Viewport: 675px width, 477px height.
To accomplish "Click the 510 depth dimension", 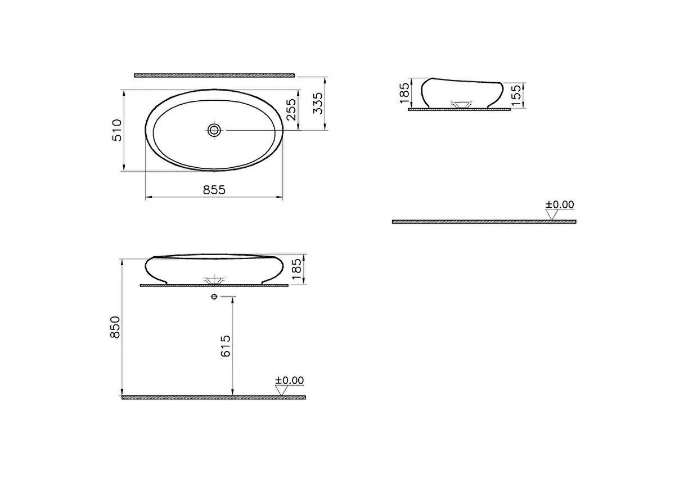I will click(x=117, y=130).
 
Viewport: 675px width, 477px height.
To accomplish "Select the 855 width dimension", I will click(x=214, y=190).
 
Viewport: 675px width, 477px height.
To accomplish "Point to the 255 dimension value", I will click(x=290, y=110).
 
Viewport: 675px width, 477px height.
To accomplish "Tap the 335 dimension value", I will click(x=318, y=103).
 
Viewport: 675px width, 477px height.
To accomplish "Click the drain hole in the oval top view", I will click(x=214, y=130).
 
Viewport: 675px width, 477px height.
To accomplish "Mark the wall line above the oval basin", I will click(x=214, y=75).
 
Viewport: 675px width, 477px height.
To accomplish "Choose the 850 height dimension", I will click(x=115, y=327).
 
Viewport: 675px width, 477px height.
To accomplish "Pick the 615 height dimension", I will click(x=226, y=346).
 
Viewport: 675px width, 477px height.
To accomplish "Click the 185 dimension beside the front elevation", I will click(x=298, y=270).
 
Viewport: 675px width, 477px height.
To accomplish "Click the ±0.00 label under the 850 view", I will click(x=289, y=381).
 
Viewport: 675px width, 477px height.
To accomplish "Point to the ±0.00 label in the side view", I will click(x=560, y=205).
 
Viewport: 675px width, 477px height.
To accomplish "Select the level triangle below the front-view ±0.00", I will click(x=281, y=390).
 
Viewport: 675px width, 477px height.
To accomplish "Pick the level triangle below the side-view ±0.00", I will click(x=552, y=214).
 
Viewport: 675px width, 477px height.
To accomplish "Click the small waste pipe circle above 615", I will click(x=214, y=296).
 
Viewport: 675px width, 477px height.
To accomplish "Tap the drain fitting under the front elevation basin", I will click(x=214, y=280).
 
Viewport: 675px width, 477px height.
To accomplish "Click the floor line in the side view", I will click(x=484, y=222).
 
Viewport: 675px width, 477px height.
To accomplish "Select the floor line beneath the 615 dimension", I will click(x=214, y=398).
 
